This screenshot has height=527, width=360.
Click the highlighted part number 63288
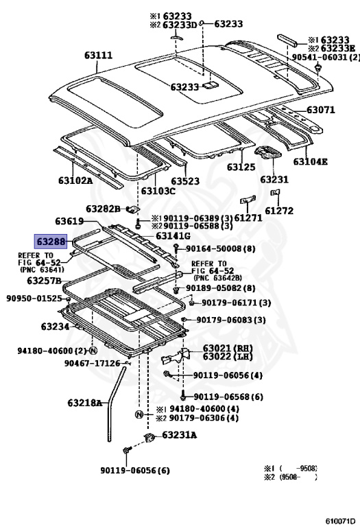point(51,242)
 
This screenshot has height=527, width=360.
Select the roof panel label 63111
point(98,55)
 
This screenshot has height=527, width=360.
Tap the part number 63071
point(321,110)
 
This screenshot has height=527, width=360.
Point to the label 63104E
point(311,162)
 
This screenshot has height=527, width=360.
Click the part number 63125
point(241,167)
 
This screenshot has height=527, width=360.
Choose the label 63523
point(185,181)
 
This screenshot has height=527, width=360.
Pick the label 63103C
point(158,191)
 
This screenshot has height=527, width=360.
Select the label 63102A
point(75,180)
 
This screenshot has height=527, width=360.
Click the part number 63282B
point(103,209)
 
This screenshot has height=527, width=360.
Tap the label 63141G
point(173,236)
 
